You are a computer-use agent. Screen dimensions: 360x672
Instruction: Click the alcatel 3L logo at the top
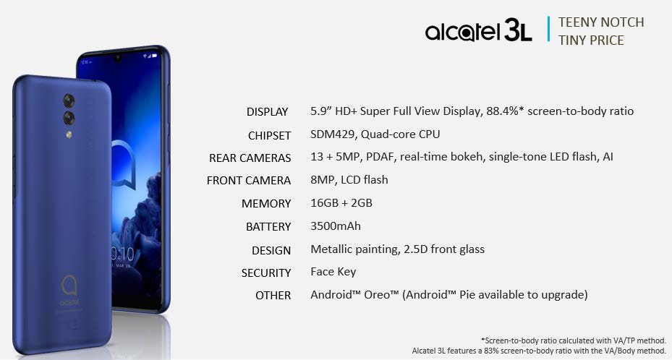478,31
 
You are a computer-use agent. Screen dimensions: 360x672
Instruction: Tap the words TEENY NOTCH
601,22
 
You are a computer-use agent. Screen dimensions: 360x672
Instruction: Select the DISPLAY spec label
267,112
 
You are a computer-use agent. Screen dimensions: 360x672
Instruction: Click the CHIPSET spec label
268,135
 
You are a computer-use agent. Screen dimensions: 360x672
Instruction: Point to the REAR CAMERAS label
250,158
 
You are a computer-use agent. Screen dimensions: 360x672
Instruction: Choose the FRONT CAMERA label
249,181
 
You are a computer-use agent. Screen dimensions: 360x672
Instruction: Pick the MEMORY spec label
266,204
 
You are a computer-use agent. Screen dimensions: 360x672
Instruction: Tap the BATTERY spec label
268,227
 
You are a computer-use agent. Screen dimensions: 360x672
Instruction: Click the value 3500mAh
335,226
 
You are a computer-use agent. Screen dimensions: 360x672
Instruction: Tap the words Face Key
333,272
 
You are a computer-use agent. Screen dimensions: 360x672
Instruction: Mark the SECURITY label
266,273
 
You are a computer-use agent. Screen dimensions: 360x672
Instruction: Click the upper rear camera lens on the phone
69,98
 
